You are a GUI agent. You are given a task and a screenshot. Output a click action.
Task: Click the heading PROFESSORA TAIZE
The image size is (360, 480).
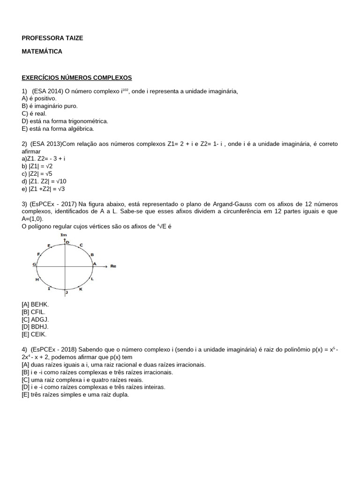coord(52,38)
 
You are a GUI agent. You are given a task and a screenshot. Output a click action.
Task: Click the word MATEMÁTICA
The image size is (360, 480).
coord(42,52)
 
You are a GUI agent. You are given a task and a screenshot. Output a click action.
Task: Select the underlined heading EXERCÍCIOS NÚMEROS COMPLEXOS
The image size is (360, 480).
coord(77,77)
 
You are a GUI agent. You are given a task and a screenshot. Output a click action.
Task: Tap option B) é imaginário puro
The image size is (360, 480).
coord(50,106)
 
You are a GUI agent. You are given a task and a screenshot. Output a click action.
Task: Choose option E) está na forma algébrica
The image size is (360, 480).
coord(58,128)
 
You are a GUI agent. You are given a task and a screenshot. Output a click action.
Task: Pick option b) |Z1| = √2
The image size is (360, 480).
coord(37,166)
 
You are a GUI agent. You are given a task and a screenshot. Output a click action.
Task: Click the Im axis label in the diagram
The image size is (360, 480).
coord(64,235)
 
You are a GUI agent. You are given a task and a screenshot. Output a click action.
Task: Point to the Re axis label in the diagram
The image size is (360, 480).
coord(113,266)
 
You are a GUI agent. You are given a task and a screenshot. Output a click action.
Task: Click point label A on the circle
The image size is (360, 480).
coord(94,264)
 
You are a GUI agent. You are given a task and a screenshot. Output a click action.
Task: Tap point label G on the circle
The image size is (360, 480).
coord(34,264)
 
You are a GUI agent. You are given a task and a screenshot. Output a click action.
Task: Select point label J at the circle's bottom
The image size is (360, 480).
coord(67,292)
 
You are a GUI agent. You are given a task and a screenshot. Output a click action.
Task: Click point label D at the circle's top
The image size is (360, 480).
coord(67,242)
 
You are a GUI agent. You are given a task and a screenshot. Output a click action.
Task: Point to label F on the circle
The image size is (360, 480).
coord(38,254)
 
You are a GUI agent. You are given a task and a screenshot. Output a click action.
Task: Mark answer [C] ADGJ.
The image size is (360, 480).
coord(35,320)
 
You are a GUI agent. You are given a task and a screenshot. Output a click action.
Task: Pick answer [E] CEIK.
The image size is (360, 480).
coord(34,335)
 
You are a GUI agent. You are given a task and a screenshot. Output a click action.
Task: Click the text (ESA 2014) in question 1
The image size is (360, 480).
coord(47,91)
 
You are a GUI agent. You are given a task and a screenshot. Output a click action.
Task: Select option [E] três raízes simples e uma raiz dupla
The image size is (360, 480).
coord(75,395)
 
